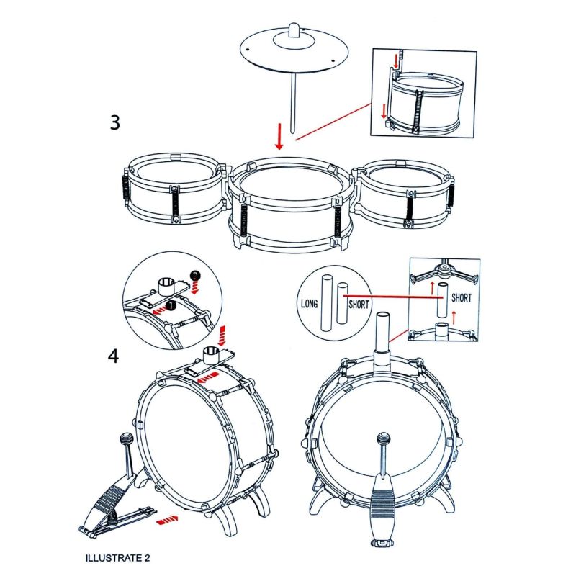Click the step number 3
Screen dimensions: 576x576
point(115,122)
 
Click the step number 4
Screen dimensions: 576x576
point(114,356)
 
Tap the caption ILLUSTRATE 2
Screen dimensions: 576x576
point(117,558)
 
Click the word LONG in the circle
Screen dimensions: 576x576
point(309,304)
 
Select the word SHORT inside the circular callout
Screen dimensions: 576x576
point(359,304)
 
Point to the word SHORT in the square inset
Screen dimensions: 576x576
point(462,297)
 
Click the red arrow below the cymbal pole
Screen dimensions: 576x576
point(279,137)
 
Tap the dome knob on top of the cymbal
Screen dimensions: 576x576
point(294,30)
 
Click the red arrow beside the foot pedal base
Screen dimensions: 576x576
point(167,519)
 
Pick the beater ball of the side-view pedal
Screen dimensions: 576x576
point(125,438)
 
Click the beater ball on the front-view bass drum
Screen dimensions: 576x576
point(383,438)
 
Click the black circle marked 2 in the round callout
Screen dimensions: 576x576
point(195,276)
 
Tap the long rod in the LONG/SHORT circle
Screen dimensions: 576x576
point(326,302)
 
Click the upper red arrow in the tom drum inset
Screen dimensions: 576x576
point(396,61)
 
